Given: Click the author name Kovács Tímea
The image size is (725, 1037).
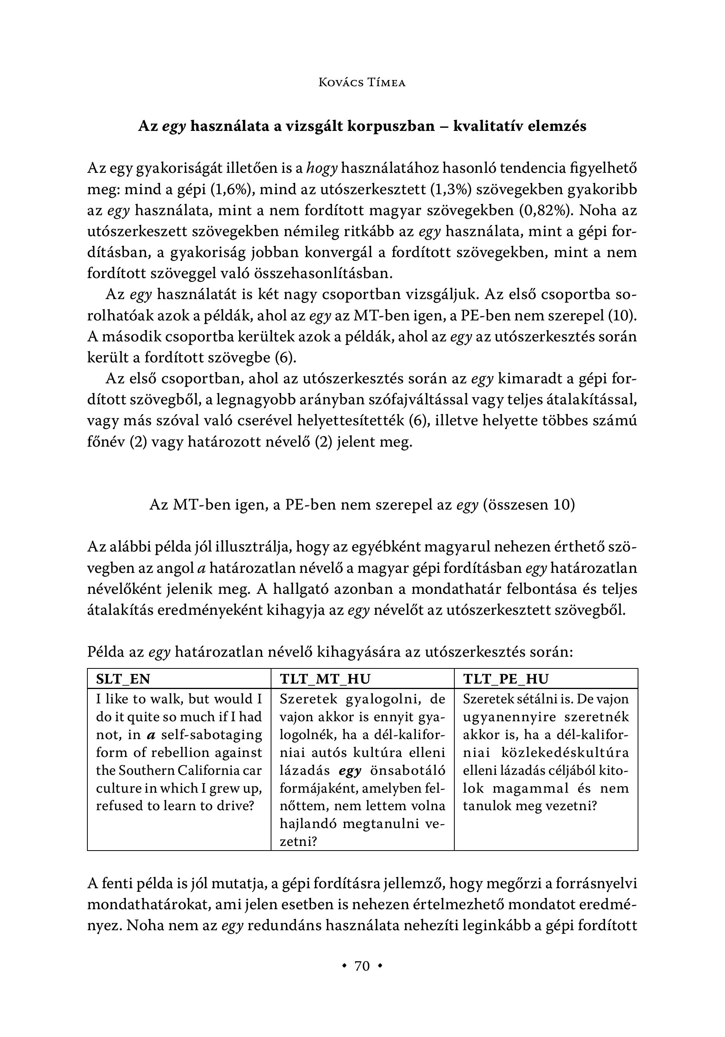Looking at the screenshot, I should coord(362,83).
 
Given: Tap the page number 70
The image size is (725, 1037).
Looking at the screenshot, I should coord(362,966).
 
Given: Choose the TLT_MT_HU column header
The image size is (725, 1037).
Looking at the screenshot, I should coord(325,679).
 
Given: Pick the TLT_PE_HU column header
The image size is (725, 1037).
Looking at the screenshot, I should coord(506,679).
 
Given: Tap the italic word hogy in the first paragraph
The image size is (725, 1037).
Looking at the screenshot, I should coord(322,169).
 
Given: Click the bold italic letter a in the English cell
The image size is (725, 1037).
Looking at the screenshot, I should coord(152,735).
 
